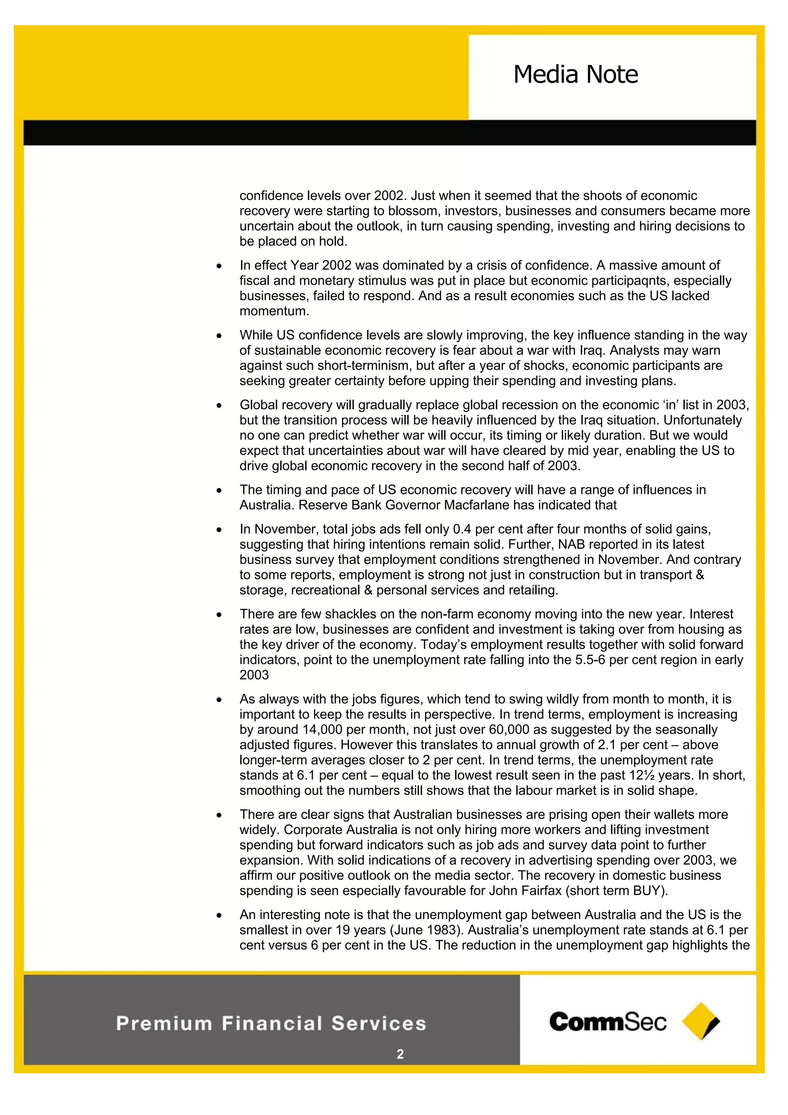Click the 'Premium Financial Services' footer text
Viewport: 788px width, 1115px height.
[x=271, y=1023]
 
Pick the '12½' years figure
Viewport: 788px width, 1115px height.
[x=640, y=775]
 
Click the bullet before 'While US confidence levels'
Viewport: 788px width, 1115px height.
[x=219, y=336]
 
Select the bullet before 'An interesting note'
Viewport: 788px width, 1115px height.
[x=219, y=915]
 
